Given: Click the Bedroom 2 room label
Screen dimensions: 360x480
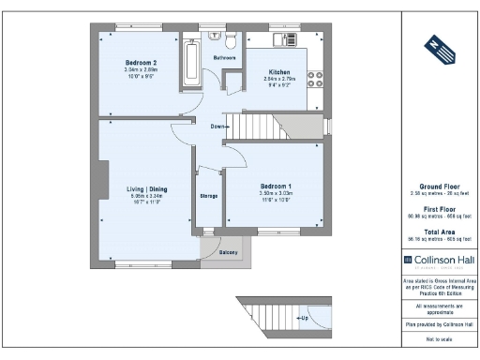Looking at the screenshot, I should tap(139, 63).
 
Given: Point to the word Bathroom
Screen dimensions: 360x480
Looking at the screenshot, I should tap(224, 58).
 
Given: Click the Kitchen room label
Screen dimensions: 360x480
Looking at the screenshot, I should tap(279, 72).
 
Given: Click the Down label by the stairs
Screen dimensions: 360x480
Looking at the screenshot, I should tap(217, 127).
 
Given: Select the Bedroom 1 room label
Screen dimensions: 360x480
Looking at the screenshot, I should tap(277, 186).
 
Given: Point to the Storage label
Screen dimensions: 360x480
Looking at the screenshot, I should tap(208, 196).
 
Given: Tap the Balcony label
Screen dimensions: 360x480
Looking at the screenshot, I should tap(229, 253).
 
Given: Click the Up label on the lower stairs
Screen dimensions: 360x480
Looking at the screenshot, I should tap(304, 318).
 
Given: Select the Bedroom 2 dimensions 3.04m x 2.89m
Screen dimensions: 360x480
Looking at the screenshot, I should tap(139, 70).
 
